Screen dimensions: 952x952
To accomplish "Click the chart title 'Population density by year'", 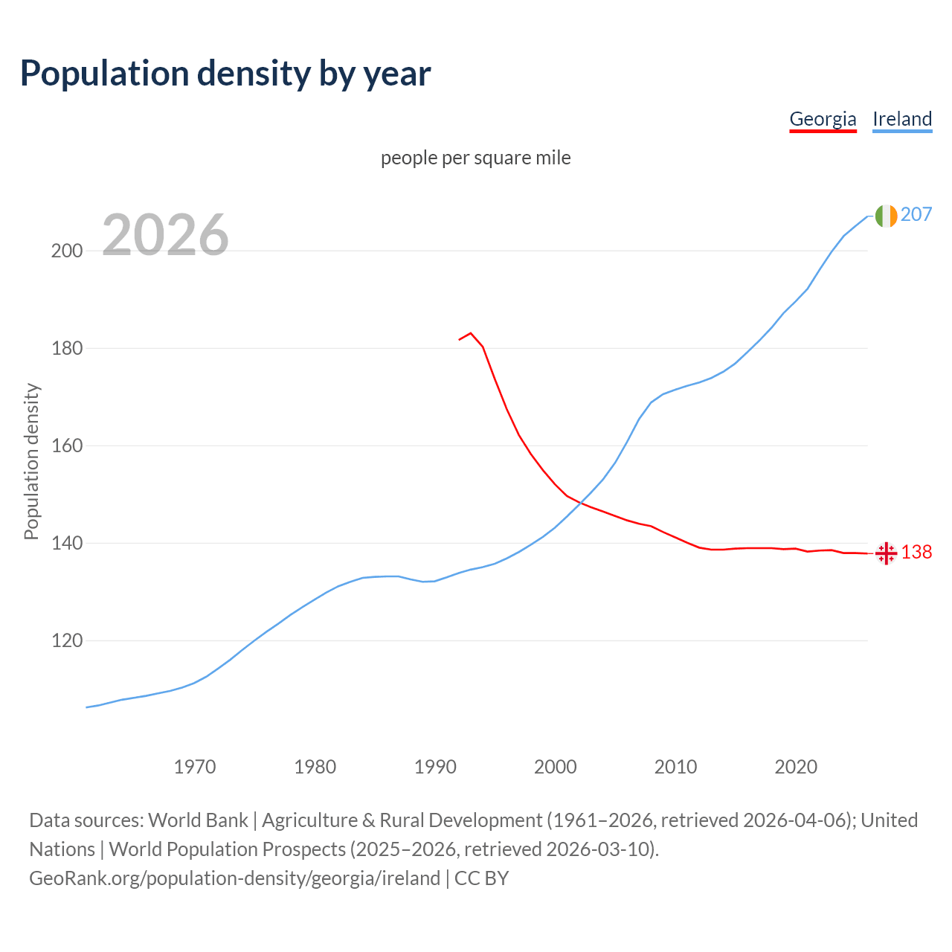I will [225, 74].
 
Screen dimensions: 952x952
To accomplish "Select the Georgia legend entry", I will [823, 119].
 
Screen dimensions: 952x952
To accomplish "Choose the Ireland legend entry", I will [902, 119].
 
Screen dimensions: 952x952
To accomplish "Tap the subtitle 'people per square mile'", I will [476, 158].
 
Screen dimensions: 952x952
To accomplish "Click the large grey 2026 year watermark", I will [165, 235].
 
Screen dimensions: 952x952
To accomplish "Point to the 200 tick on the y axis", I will [67, 251].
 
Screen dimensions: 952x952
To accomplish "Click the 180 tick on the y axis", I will [67, 348].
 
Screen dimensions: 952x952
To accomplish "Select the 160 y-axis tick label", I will [67, 446].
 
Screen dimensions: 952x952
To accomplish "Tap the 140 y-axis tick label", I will [67, 544].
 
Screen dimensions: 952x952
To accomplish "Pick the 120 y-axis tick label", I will [67, 641].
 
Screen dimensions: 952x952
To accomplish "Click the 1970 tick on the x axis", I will [195, 766].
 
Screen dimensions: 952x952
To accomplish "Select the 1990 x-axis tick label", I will [435, 766].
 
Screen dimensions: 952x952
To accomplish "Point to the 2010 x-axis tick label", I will [675, 766].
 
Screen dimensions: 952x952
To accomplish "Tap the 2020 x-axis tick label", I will [796, 766].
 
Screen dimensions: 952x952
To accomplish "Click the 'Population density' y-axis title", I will [31, 461].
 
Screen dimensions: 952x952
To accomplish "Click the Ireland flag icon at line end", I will [886, 216].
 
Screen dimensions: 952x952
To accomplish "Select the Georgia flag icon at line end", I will [886, 553].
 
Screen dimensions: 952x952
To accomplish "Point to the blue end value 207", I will [916, 215].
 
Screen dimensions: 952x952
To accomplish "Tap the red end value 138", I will [916, 552].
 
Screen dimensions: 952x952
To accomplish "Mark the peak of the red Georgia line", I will [471, 333].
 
